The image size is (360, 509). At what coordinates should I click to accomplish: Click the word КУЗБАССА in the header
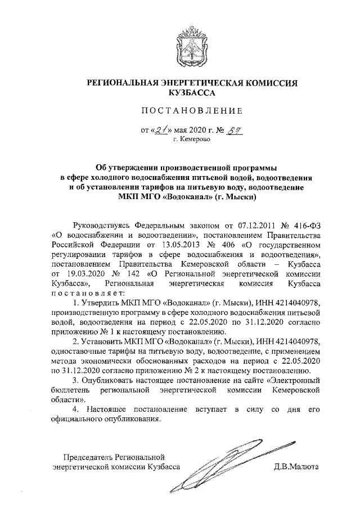tap(180, 93)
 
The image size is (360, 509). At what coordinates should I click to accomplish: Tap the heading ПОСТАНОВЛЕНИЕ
tap(180, 111)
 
